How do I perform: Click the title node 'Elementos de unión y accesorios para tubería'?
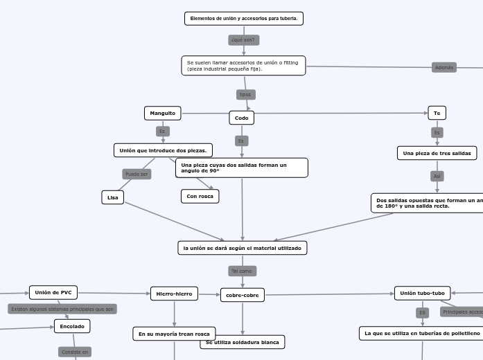tap(244, 19)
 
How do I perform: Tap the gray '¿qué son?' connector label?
tap(244, 40)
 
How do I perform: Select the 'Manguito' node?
tap(163, 113)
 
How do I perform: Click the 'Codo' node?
tap(242, 118)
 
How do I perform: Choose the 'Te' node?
tap(437, 113)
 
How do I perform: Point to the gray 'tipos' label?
tap(245, 94)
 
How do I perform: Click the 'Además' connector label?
tap(444, 67)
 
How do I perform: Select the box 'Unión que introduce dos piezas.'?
tap(163, 150)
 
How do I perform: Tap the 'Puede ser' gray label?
tap(137, 174)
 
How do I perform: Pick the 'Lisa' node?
tap(112, 197)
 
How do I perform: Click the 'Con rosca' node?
tap(200, 196)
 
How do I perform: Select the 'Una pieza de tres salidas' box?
tap(437, 153)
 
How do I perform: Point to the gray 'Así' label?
tap(437, 177)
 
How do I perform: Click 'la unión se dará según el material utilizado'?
tap(242, 248)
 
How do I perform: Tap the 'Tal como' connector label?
tap(242, 271)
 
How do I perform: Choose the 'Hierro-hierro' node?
tap(174, 294)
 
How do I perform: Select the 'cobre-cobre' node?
tap(243, 295)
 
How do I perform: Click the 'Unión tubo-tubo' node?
tap(423, 293)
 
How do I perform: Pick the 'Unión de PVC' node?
tap(53, 292)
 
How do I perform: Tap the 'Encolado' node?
tap(72, 326)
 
